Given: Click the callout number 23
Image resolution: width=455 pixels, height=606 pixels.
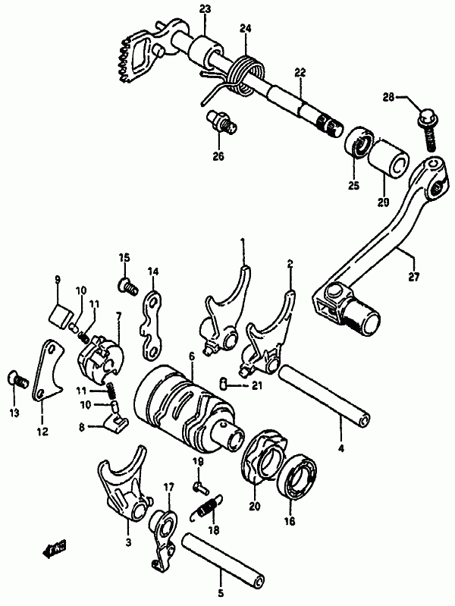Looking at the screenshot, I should (184, 8).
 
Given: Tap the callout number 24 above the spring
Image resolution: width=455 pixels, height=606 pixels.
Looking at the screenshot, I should (245, 30).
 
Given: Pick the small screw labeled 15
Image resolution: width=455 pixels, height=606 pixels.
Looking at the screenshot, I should (126, 285).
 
